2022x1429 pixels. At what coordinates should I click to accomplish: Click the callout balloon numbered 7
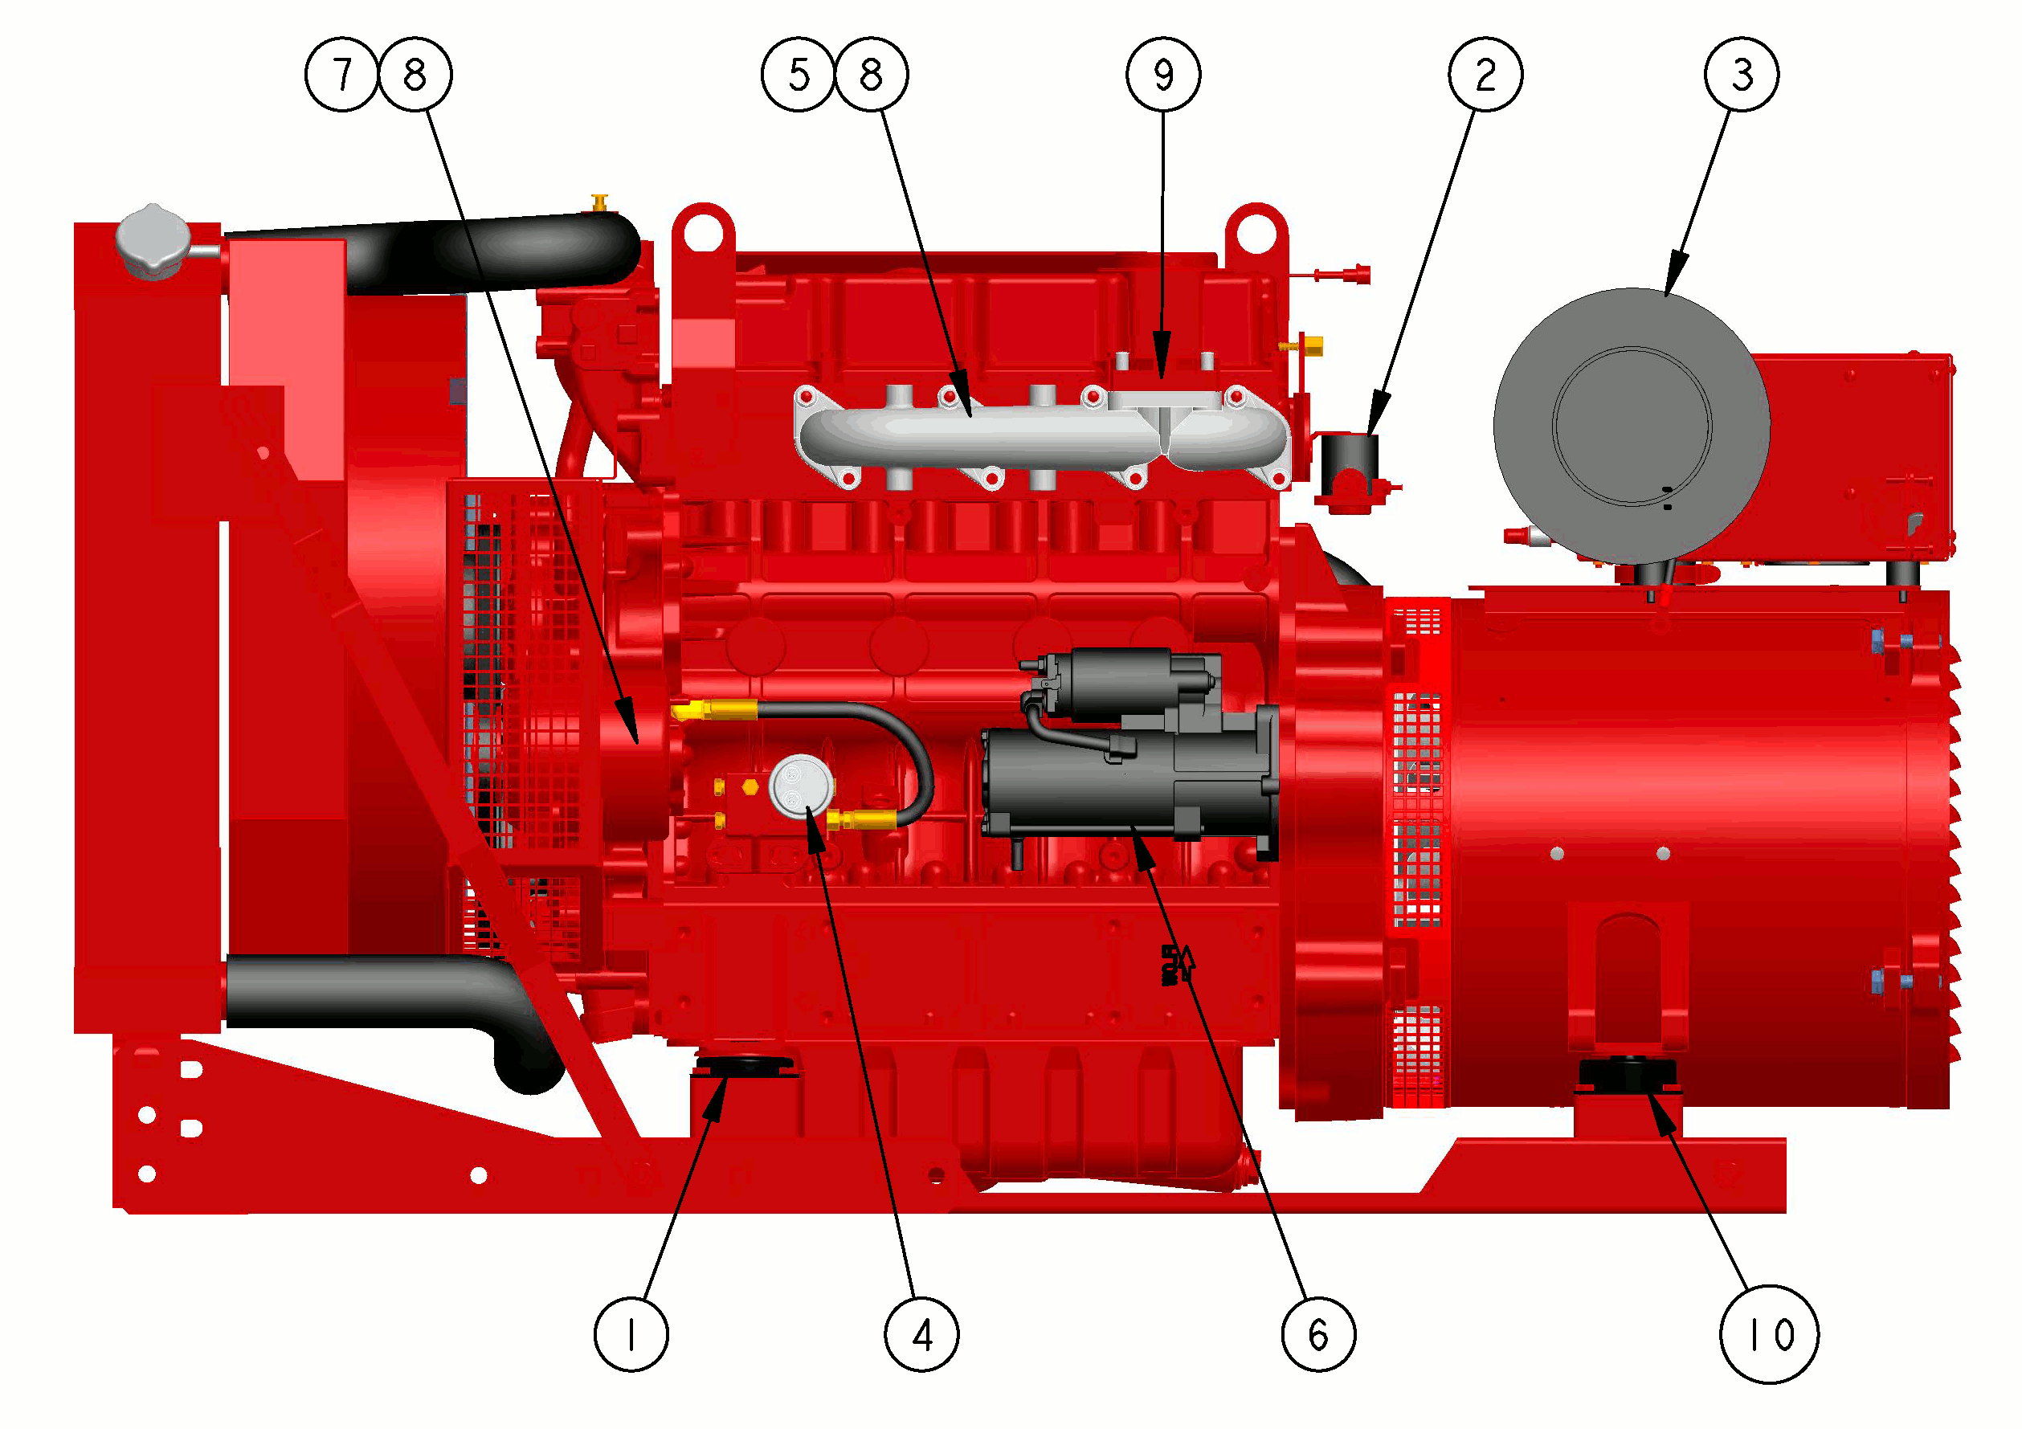pyautogui.click(x=341, y=74)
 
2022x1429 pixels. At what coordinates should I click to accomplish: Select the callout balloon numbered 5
pyautogui.click(x=798, y=74)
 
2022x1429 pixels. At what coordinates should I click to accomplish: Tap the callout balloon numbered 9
pyautogui.click(x=1163, y=74)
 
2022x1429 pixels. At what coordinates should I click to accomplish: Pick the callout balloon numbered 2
pyautogui.click(x=1485, y=74)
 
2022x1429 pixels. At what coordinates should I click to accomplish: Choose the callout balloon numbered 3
pyautogui.click(x=1742, y=74)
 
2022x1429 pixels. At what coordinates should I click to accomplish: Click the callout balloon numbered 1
pyautogui.click(x=631, y=1335)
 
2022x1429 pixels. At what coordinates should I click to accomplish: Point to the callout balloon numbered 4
pyautogui.click(x=922, y=1335)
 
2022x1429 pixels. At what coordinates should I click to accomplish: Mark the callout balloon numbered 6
pyautogui.click(x=1318, y=1335)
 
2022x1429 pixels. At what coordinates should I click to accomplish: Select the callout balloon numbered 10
pyautogui.click(x=1769, y=1335)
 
